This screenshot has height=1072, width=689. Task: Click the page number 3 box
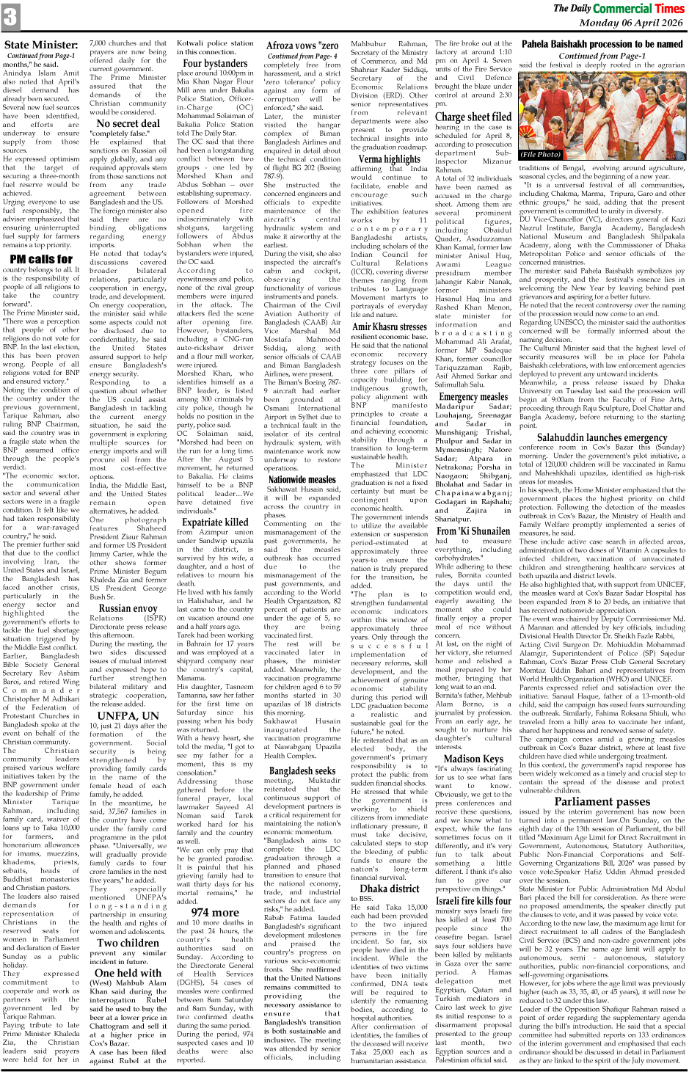tap(10, 17)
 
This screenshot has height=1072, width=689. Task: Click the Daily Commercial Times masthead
tap(619, 9)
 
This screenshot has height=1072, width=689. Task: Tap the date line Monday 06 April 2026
tap(630, 23)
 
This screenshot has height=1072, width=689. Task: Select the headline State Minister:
tap(41, 45)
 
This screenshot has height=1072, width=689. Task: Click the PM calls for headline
tap(41, 259)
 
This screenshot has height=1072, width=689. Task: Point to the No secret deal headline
tap(128, 124)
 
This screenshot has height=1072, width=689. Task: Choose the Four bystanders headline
tap(215, 64)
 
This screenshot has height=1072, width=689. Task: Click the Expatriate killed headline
tap(215, 522)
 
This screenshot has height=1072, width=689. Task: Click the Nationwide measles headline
tap(302, 480)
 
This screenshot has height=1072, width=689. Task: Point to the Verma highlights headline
tap(389, 158)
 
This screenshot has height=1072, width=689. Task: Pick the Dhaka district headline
tap(389, 889)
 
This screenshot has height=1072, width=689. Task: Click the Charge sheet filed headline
tap(473, 117)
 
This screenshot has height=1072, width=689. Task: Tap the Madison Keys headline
tap(473, 759)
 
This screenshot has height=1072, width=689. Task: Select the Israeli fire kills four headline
tap(473, 901)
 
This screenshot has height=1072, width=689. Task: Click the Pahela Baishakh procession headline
tap(602, 44)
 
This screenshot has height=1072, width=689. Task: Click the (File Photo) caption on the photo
tap(541, 155)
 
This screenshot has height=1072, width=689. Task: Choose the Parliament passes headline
tap(602, 801)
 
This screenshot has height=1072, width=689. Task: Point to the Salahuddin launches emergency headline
tap(602, 438)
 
